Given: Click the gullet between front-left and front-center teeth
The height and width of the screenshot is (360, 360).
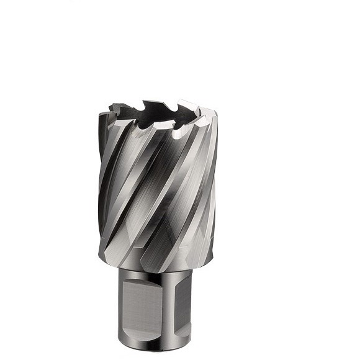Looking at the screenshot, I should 149,127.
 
